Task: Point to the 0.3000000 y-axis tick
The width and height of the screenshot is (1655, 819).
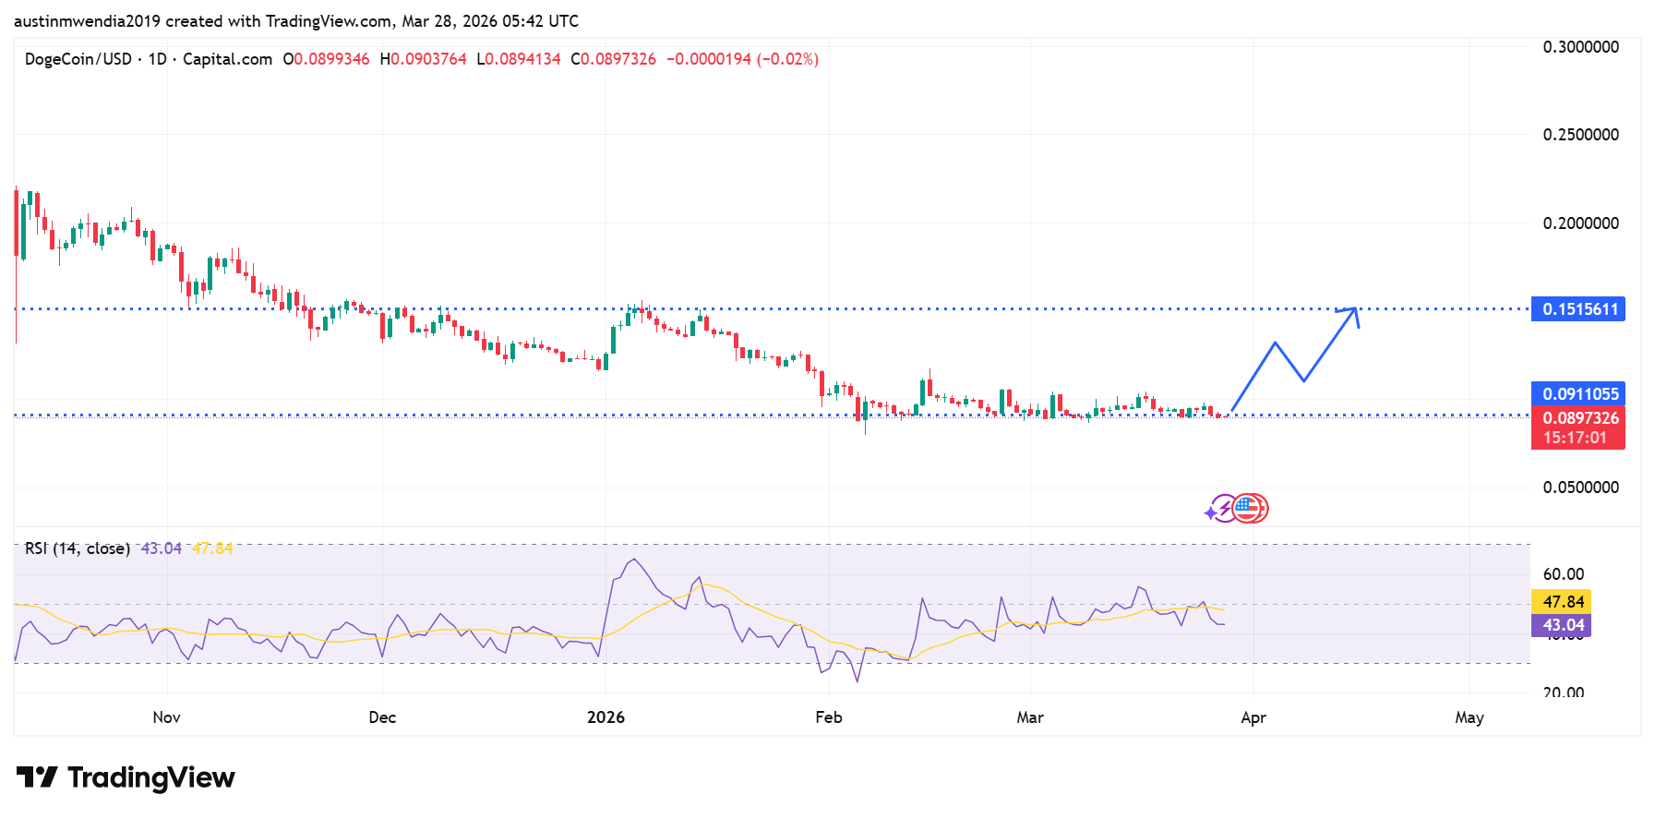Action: point(1580,47)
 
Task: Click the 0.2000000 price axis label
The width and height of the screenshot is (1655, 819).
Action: point(1580,223)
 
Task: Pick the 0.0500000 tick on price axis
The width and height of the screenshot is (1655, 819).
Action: point(1580,488)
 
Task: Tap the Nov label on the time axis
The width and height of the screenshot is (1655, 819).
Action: point(166,717)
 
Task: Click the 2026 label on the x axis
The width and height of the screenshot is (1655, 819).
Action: point(606,717)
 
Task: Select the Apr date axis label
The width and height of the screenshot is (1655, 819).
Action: point(1253,717)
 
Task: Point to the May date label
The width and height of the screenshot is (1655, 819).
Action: point(1469,717)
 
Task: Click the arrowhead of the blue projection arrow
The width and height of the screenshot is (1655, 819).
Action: point(1353,311)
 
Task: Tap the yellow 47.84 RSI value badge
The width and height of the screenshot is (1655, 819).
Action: point(1563,602)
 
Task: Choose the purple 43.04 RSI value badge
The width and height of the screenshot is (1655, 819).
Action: point(1563,625)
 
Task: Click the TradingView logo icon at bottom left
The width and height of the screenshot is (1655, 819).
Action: point(37,777)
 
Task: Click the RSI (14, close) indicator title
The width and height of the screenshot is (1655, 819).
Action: point(78,548)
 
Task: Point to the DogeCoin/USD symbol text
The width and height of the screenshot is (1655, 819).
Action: point(78,59)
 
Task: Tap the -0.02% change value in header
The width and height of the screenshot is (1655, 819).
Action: point(787,59)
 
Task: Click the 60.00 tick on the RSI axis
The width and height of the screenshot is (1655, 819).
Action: point(1563,574)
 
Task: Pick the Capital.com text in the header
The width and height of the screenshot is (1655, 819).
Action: point(227,59)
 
